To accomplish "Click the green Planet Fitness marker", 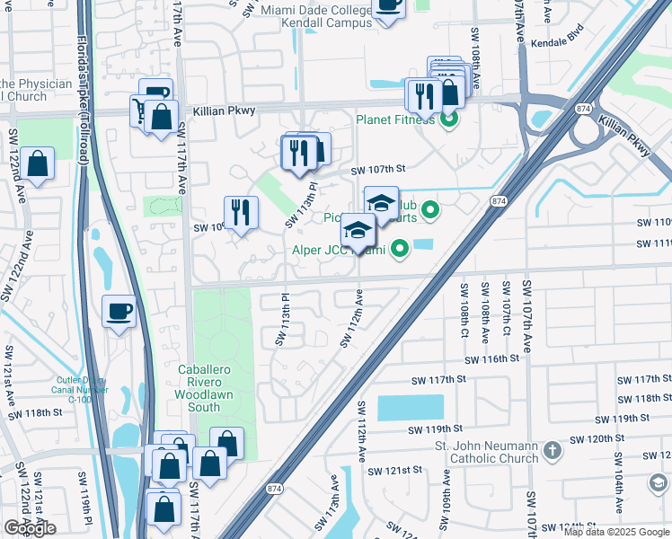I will (x=448, y=119).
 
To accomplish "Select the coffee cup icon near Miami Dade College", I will (x=388, y=7).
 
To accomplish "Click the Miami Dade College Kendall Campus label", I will (x=316, y=16).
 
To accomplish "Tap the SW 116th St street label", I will (x=491, y=358).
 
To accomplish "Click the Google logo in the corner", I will (x=31, y=528).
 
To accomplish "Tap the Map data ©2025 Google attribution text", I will (x=616, y=532).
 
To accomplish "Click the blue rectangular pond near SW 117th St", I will (x=410, y=408).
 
